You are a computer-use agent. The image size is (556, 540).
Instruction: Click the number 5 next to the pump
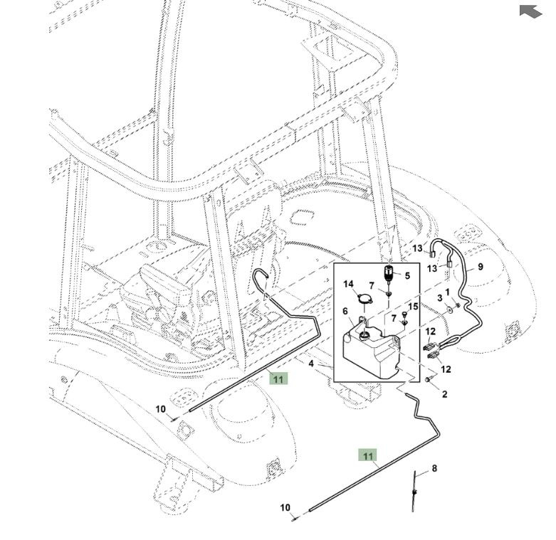pos(407,275)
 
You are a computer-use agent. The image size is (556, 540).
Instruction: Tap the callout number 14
pos(349,285)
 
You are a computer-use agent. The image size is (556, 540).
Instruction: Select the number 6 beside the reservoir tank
pos(345,312)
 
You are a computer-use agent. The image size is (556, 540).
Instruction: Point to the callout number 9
pos(481,267)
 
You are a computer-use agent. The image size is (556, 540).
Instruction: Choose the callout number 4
pos(311,364)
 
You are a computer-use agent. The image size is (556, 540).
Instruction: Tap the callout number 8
pos(434,469)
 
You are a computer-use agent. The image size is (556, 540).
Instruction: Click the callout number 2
pos(444,394)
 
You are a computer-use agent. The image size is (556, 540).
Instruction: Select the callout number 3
pos(439,297)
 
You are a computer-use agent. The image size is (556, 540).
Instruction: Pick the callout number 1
pos(448,292)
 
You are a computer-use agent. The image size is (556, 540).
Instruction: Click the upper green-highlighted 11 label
pos(278,378)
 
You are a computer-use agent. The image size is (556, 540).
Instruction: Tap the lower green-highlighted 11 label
pos(368,455)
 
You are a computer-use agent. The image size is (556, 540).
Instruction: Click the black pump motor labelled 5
pos(390,274)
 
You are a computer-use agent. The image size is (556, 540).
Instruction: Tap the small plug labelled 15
pos(404,321)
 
